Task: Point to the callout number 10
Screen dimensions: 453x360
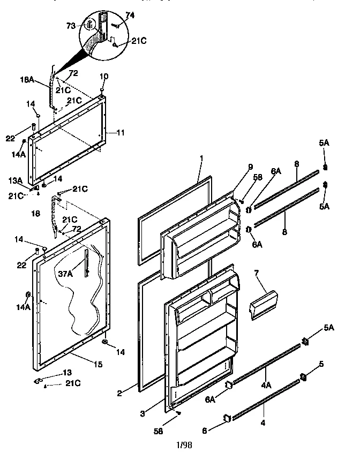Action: (x=104, y=76)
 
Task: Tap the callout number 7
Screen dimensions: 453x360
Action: (x=256, y=273)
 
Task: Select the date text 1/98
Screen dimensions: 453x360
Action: (x=184, y=444)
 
